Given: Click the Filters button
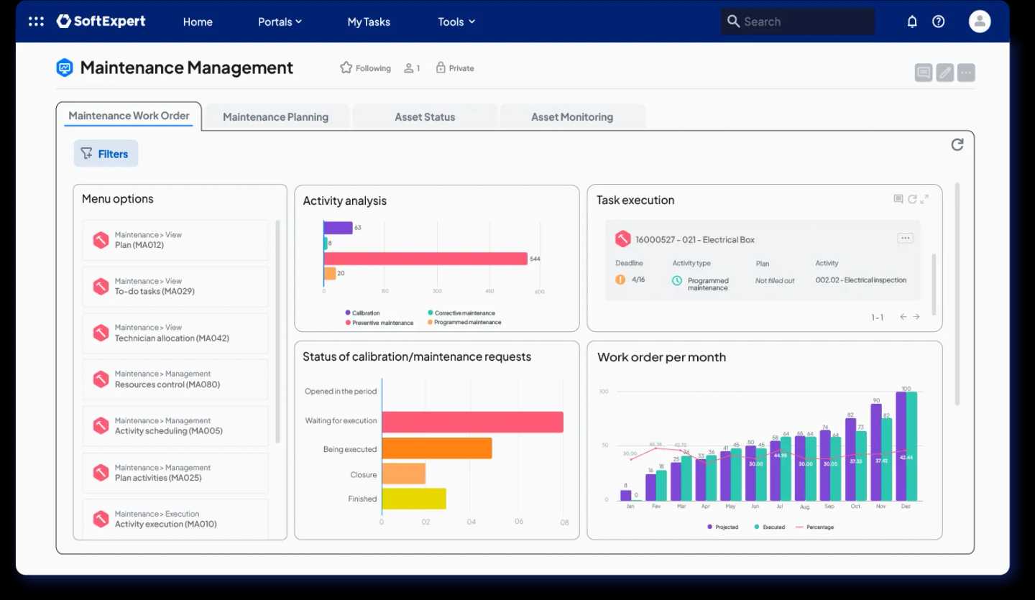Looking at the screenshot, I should [106, 153].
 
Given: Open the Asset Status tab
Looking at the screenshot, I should [425, 117].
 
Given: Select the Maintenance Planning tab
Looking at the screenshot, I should [275, 117].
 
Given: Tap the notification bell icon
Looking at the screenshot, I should [912, 22].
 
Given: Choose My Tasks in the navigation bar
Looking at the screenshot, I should [369, 22].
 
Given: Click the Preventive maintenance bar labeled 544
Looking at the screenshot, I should [425, 259].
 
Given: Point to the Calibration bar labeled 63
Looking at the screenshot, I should [338, 228].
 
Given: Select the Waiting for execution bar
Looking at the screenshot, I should [472, 422].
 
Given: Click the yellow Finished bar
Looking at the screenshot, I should [414, 499].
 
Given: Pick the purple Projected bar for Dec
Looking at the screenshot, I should [901, 446].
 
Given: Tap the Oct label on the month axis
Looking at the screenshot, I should [855, 506].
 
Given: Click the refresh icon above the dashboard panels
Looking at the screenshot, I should [957, 144].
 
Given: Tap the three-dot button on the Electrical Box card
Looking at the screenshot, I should [905, 239].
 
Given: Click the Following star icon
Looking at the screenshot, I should [346, 68].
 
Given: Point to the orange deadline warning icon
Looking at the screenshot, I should [620, 280].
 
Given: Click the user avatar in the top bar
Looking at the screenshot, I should [980, 22].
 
